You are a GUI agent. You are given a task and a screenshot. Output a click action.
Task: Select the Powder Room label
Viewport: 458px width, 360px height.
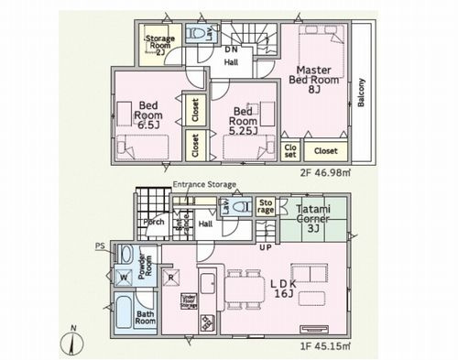click(x=145, y=265)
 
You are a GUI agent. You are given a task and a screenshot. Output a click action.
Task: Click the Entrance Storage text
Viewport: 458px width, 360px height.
click(x=204, y=185)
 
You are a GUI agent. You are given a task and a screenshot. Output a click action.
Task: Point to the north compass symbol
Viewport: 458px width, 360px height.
click(x=73, y=343)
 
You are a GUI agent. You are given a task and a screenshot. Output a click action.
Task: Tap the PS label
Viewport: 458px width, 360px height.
click(x=100, y=245)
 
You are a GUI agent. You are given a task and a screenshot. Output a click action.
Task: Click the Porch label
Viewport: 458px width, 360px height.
click(x=154, y=222)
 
